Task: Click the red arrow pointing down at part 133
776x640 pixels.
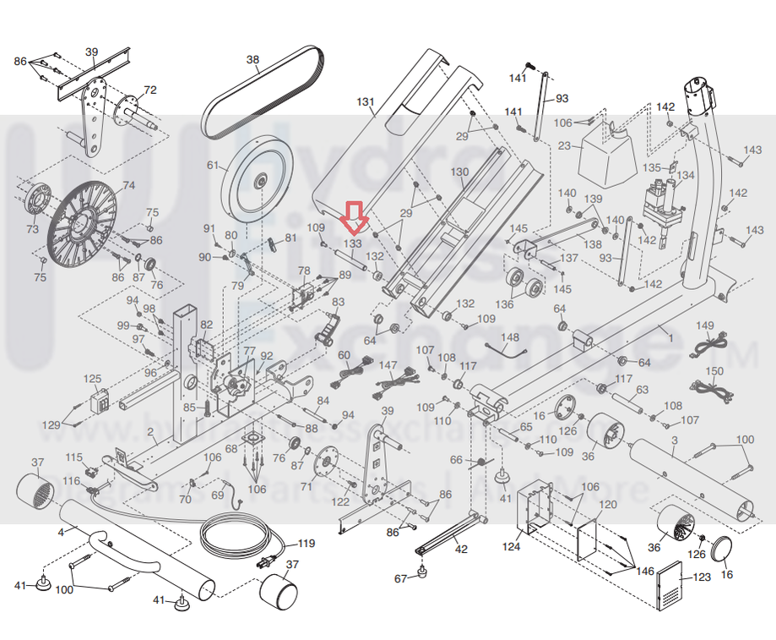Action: coord(354,218)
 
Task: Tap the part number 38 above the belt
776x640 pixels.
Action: coord(252,60)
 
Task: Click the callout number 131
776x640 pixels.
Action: coord(365,102)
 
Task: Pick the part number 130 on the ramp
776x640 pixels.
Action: coord(459,172)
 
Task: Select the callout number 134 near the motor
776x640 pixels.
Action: coord(686,175)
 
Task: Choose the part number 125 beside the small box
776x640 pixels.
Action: coord(92,379)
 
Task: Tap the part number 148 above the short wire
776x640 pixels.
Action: coord(511,337)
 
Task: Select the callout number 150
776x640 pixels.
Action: coord(714,371)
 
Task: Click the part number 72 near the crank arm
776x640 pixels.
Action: coord(150,90)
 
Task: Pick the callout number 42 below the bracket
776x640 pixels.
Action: coord(461,550)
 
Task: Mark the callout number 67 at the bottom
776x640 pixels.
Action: coord(400,578)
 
